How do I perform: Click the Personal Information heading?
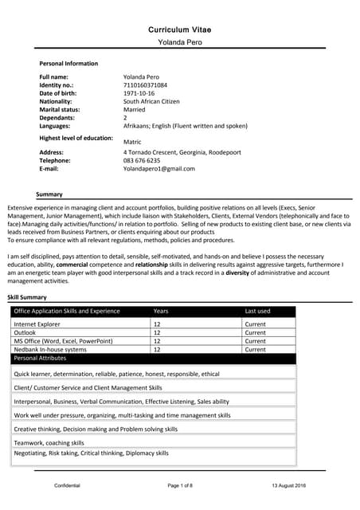(x=68, y=64)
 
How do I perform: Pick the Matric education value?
(x=133, y=141)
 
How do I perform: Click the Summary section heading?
(x=49, y=194)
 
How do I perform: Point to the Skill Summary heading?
(x=27, y=297)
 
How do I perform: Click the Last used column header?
(x=257, y=311)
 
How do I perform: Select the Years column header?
(x=161, y=311)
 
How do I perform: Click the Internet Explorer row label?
(x=37, y=324)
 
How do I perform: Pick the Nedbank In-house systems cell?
(x=50, y=349)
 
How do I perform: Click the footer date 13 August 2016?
(x=288, y=485)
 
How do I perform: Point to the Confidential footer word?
(x=68, y=485)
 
